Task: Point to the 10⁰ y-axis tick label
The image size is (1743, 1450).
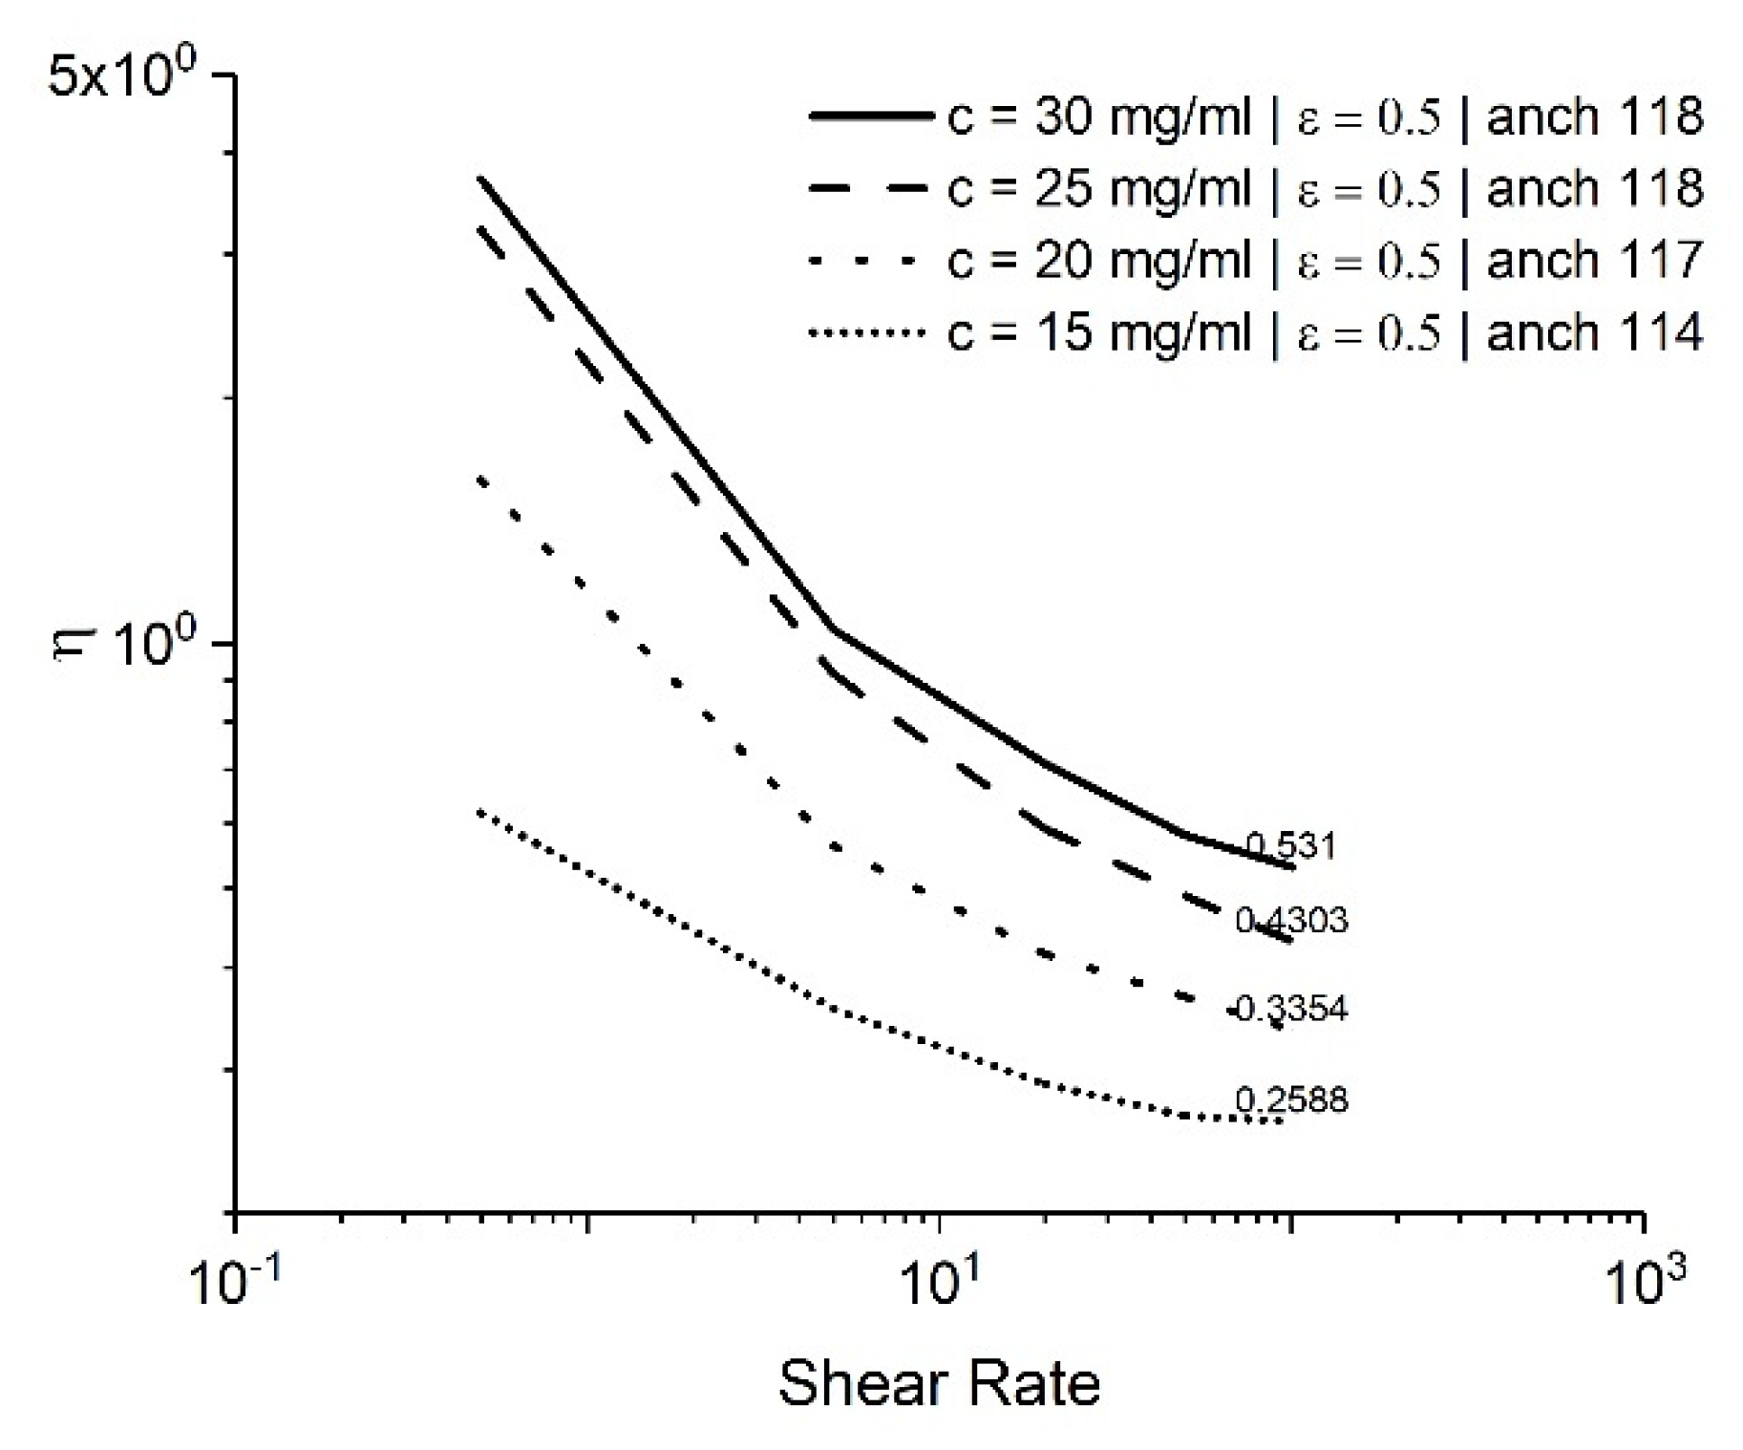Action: point(159,644)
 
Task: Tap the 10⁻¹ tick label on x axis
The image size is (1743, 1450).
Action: point(235,1285)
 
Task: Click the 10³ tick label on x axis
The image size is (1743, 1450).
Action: point(1645,1285)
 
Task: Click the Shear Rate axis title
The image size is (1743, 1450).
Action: point(940,1383)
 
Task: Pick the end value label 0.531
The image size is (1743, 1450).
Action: point(1290,846)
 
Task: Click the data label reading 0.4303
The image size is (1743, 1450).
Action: point(1291,920)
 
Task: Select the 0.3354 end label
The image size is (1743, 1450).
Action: point(1291,1009)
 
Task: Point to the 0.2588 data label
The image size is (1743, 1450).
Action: point(1291,1100)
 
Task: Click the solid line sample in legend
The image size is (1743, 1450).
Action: point(869,117)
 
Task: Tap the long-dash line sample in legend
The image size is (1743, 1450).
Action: point(869,188)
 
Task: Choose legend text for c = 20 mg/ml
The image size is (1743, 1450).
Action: point(1098,261)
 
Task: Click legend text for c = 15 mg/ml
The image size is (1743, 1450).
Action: point(1098,332)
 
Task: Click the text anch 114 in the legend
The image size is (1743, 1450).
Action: point(1594,332)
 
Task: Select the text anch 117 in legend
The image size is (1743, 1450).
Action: point(1594,261)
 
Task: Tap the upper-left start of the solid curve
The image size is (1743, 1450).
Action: point(480,179)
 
